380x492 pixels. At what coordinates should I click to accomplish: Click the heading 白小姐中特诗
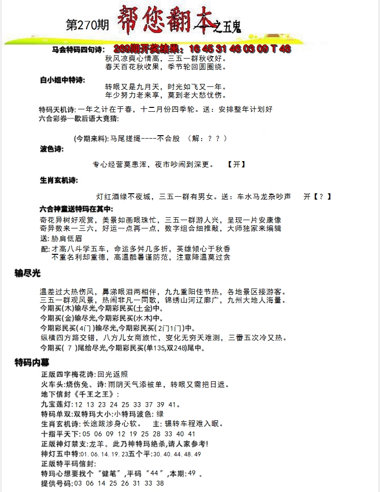pos(62,80)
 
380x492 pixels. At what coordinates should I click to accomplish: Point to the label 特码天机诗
pos(55,109)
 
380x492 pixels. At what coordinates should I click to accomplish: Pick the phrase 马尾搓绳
pos(126,139)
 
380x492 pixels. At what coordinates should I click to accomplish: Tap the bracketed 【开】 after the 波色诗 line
pos(236,164)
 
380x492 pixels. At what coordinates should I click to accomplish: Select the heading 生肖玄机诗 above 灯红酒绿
pos(59,180)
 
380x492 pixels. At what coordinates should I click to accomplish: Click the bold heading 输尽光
pos(27,273)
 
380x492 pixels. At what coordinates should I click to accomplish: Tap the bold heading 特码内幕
pos(31,362)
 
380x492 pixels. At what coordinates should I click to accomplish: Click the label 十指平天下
pos(61,433)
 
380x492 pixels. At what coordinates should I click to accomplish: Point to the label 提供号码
pos(56,483)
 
